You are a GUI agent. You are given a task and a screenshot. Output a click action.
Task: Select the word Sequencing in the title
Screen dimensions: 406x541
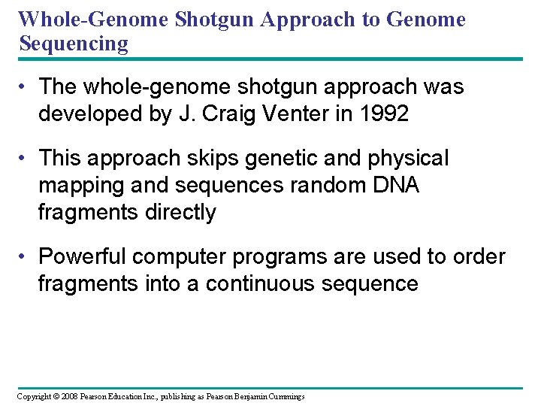coord(74,44)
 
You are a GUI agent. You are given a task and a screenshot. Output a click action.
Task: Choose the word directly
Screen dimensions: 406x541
coord(178,213)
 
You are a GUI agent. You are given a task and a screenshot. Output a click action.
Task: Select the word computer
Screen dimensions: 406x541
coord(183,257)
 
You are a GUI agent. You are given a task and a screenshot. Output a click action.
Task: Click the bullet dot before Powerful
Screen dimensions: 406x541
coord(25,257)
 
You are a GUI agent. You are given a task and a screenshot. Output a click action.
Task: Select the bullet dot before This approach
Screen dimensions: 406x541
coord(25,159)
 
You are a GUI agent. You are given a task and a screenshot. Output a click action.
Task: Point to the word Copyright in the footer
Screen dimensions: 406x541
coord(33,396)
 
